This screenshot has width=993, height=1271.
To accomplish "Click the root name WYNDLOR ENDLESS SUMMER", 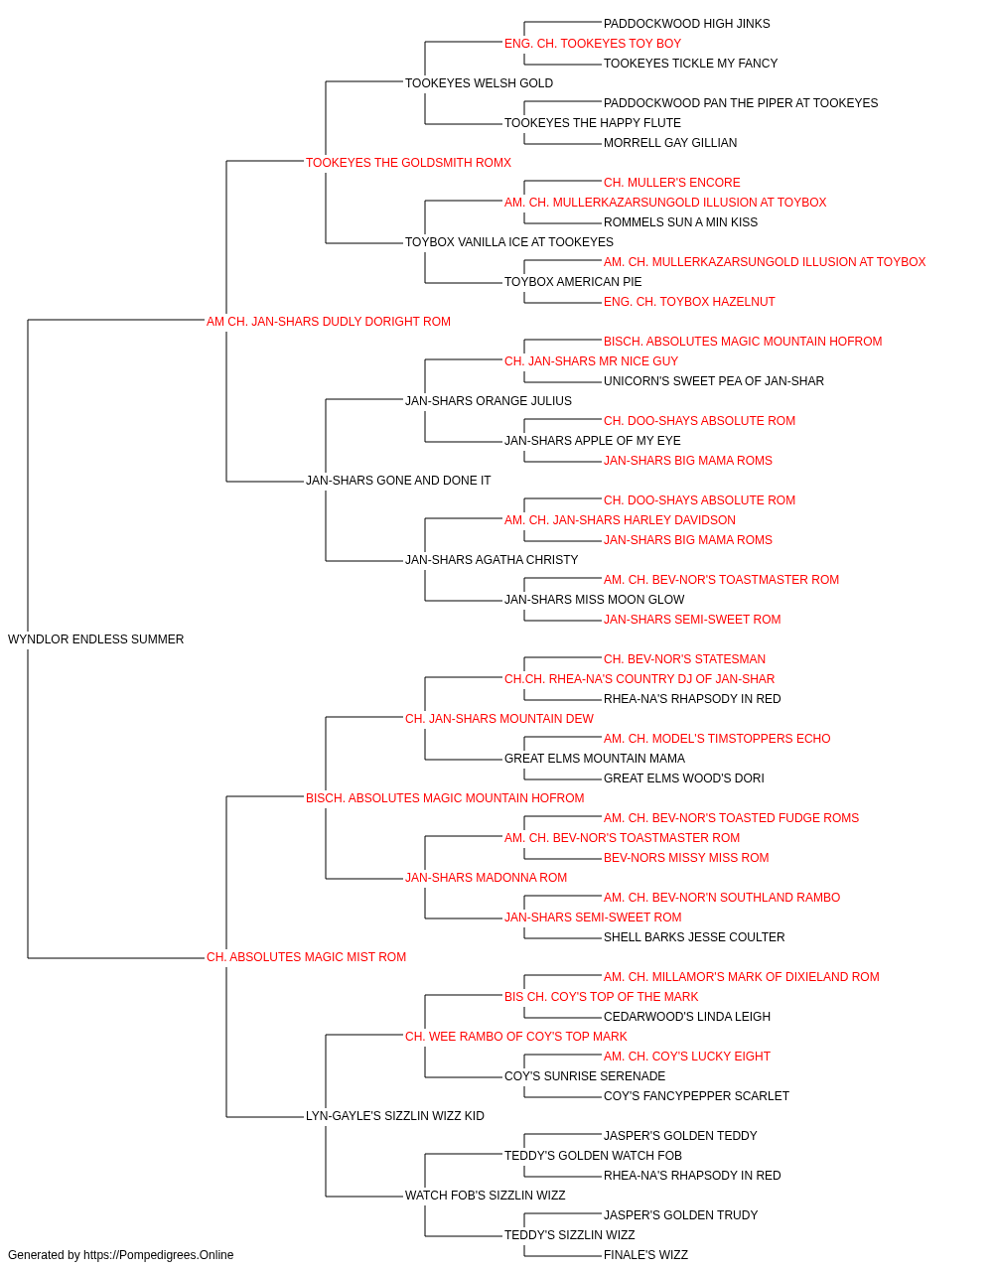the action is [x=95, y=639].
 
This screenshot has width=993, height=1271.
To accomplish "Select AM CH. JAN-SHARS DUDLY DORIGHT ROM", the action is [x=328, y=322].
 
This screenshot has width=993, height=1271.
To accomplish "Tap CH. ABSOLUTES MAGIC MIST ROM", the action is [x=306, y=957].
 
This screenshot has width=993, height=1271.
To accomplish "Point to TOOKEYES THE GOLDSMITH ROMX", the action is [x=408, y=163].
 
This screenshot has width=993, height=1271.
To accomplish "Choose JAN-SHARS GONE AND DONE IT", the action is [x=398, y=481].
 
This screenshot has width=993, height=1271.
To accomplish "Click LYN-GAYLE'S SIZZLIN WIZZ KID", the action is [x=395, y=1116].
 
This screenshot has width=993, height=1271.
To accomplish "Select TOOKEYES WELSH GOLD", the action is [x=479, y=83].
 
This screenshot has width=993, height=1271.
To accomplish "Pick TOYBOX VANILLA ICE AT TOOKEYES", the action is [x=509, y=242].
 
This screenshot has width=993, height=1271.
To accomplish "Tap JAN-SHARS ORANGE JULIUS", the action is [x=489, y=400].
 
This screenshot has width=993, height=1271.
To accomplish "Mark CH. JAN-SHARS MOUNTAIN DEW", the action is [x=499, y=719].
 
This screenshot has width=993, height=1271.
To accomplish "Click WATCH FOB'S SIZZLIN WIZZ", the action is [x=486, y=1196].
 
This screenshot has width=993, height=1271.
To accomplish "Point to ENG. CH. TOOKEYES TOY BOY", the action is [x=593, y=44].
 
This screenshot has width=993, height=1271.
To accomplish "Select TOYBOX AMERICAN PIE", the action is [x=573, y=282].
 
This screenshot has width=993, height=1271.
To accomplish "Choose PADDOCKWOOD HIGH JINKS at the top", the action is [x=686, y=24].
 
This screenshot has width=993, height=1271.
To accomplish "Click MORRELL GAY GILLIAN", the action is [x=670, y=143].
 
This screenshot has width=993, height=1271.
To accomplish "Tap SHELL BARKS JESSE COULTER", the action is [x=694, y=937].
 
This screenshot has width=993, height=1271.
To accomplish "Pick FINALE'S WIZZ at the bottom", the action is [x=645, y=1255].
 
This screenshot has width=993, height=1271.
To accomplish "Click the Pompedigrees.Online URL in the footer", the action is [x=158, y=1255].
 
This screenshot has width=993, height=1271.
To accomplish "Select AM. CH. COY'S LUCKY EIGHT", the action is [x=686, y=1057].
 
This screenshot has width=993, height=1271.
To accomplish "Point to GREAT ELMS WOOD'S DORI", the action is [x=683, y=778].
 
